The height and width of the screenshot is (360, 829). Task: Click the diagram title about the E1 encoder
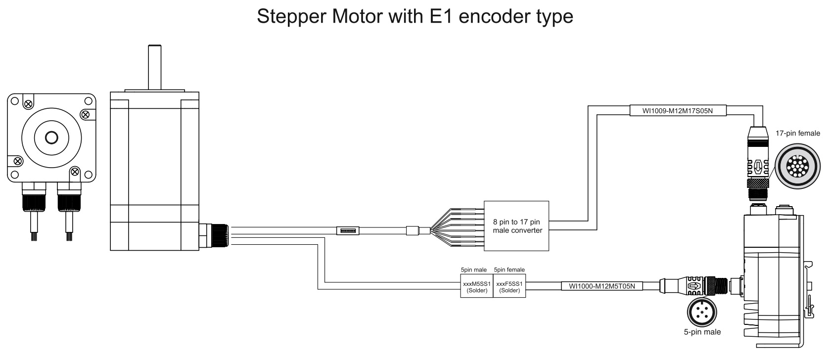tap(414, 16)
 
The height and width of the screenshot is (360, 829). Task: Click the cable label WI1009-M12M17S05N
tap(677, 111)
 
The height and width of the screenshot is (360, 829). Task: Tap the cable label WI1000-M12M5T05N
tap(601, 285)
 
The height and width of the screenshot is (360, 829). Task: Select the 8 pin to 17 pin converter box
tap(516, 226)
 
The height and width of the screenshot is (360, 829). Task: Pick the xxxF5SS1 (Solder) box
tap(509, 287)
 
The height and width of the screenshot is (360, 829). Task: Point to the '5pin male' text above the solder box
tap(473, 270)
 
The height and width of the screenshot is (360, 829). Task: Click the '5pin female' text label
tap(509, 270)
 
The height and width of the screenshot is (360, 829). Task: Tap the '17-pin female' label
tap(798, 133)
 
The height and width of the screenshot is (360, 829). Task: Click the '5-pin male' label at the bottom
tap(702, 332)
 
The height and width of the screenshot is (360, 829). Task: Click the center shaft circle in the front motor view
tap(51, 137)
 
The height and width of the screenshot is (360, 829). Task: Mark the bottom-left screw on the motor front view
tap(17, 161)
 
